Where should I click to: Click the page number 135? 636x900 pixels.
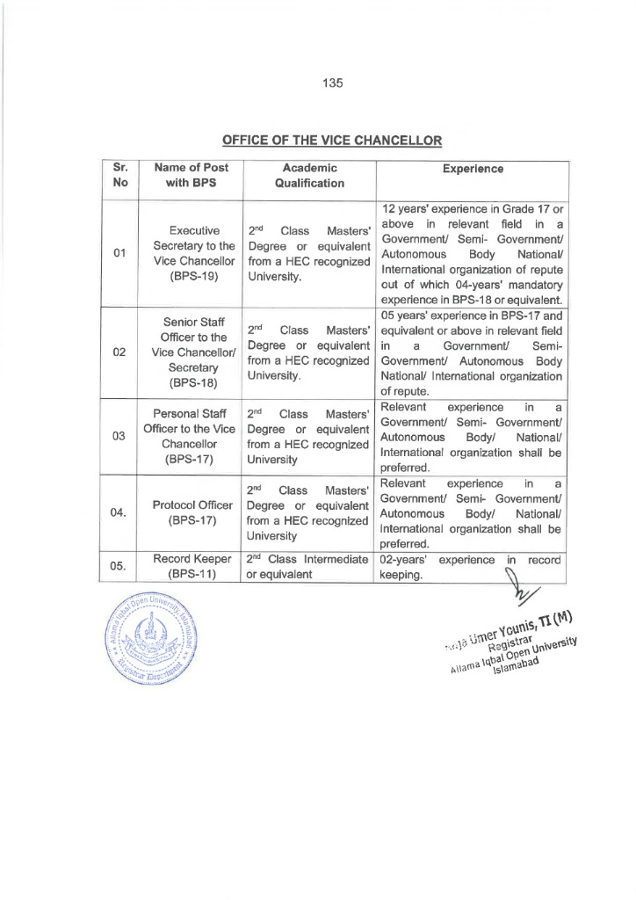tap(331, 83)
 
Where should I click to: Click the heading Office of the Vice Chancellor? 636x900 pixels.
tap(331, 140)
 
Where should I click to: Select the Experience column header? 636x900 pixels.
tap(473, 168)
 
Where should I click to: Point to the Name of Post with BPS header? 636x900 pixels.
tap(191, 177)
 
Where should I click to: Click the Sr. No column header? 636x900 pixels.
tap(120, 177)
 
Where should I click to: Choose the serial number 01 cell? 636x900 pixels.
tap(120, 254)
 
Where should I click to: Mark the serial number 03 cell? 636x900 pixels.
tap(120, 436)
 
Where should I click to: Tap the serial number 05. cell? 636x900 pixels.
tap(120, 566)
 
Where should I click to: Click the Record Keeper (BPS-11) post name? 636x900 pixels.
tap(191, 566)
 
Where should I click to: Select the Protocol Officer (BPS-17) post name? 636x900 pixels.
tap(191, 512)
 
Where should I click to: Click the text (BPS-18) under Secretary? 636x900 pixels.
tap(191, 383)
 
